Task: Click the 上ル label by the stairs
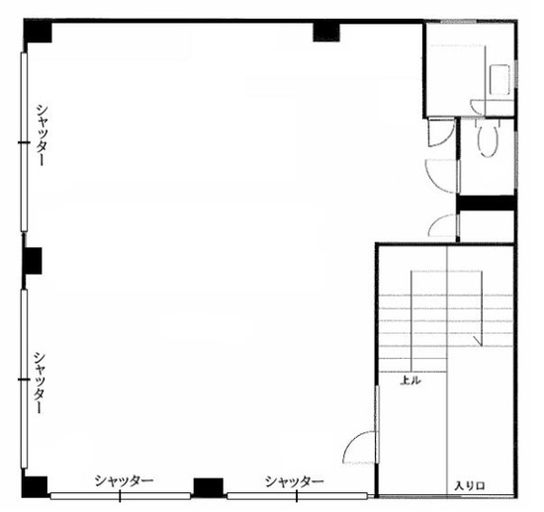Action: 410,381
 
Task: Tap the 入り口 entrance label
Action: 470,486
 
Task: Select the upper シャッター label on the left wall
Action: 42,135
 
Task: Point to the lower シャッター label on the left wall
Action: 40,383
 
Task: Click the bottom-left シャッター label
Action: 125,480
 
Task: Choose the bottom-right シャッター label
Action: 294,481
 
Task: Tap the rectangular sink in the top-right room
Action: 499,80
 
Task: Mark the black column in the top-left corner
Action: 38,32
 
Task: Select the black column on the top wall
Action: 326,32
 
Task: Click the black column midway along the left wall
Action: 32,261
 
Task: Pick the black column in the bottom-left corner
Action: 35,487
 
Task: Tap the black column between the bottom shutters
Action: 208,487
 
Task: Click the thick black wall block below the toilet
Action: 486,204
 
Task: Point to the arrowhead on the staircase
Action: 479,342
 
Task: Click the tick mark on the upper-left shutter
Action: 24,142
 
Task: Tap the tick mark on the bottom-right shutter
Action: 297,496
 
